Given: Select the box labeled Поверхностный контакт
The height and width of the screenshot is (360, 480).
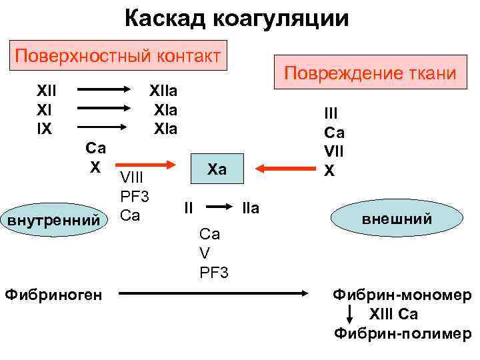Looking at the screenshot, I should (119, 54).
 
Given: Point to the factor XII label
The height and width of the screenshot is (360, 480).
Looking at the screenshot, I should (47, 90).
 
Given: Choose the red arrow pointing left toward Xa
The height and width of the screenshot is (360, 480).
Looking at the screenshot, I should (286, 167).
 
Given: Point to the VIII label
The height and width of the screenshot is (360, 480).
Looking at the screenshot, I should (132, 179).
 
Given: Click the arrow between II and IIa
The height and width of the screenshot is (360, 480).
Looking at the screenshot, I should (217, 207).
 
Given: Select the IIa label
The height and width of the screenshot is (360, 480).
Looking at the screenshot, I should (250, 209).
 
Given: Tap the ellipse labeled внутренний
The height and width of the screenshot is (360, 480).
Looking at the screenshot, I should (55, 219).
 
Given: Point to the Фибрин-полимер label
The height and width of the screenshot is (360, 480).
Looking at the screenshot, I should (402, 333).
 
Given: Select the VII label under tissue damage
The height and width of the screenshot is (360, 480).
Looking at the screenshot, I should (333, 153).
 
